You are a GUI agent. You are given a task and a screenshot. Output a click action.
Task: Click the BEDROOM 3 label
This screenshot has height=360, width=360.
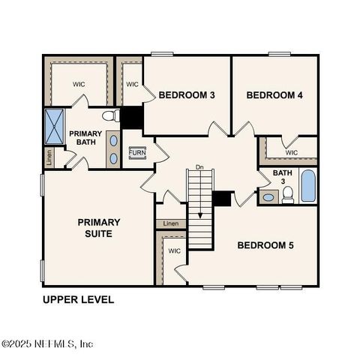pyautogui.click(x=187, y=95)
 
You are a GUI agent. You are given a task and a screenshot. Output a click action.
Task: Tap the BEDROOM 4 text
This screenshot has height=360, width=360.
pyautogui.click(x=274, y=95)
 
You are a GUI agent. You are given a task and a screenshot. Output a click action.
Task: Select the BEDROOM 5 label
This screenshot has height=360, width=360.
pyautogui.click(x=265, y=245)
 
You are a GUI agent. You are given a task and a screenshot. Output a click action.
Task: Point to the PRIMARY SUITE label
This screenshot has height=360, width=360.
pyautogui.click(x=98, y=227)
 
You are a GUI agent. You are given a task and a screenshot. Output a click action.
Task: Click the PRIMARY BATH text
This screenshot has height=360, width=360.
pyautogui.click(x=85, y=138)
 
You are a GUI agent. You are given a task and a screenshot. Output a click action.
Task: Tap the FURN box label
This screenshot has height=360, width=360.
pyautogui.click(x=136, y=152)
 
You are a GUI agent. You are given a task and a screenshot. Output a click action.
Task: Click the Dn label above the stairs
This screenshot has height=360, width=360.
pyautogui.click(x=199, y=166)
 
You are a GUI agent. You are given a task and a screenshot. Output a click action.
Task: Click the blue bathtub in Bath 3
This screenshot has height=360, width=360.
pyautogui.click(x=307, y=186)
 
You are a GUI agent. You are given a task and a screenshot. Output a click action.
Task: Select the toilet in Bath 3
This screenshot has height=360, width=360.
pyautogui.click(x=287, y=196)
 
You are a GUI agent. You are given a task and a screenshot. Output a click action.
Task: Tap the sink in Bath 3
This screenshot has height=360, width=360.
pyautogui.click(x=268, y=198)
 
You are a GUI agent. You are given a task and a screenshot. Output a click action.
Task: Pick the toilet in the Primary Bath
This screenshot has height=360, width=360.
pyautogui.click(x=110, y=116)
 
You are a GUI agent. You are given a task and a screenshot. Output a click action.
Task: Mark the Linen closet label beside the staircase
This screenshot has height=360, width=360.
pyautogui.click(x=171, y=223)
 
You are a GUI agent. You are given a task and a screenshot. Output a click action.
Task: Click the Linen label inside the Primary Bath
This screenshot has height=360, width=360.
pyautogui.click(x=49, y=157)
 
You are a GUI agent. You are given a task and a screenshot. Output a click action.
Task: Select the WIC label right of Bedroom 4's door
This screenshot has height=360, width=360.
pyautogui.click(x=292, y=152)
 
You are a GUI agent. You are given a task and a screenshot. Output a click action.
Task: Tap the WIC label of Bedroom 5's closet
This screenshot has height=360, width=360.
pyautogui.click(x=174, y=250)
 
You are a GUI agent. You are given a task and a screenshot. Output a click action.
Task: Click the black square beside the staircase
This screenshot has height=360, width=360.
pyautogui.click(x=223, y=198)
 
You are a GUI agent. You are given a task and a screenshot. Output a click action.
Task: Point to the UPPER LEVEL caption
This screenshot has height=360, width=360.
pyautogui.click(x=78, y=300)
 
